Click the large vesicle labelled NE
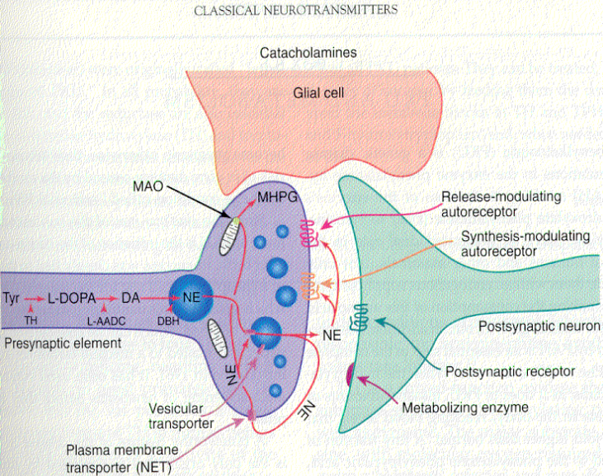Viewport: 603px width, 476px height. [x=191, y=295]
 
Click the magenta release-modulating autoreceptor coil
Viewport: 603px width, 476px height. [x=309, y=235]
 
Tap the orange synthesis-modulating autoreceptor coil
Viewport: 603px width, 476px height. [x=309, y=285]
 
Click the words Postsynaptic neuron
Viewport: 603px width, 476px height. [x=536, y=326]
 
